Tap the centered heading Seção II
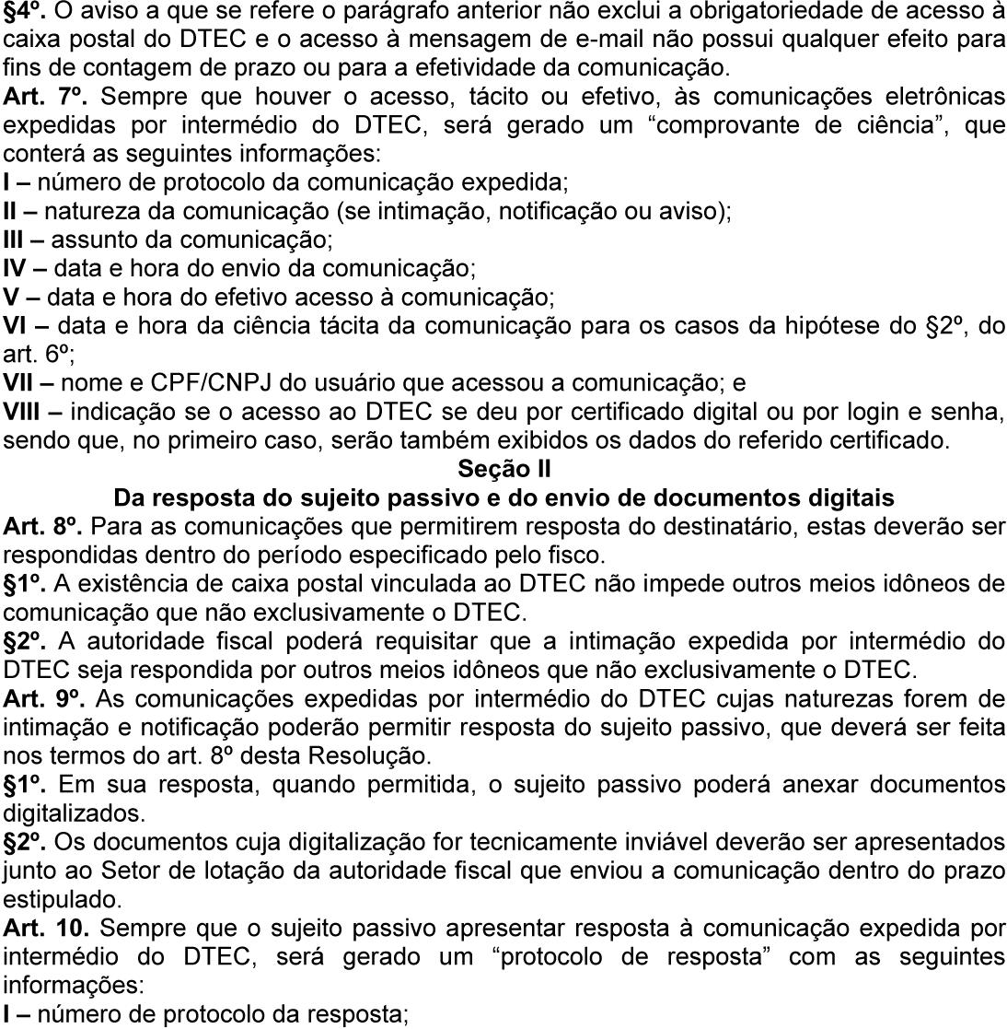[503, 469]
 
